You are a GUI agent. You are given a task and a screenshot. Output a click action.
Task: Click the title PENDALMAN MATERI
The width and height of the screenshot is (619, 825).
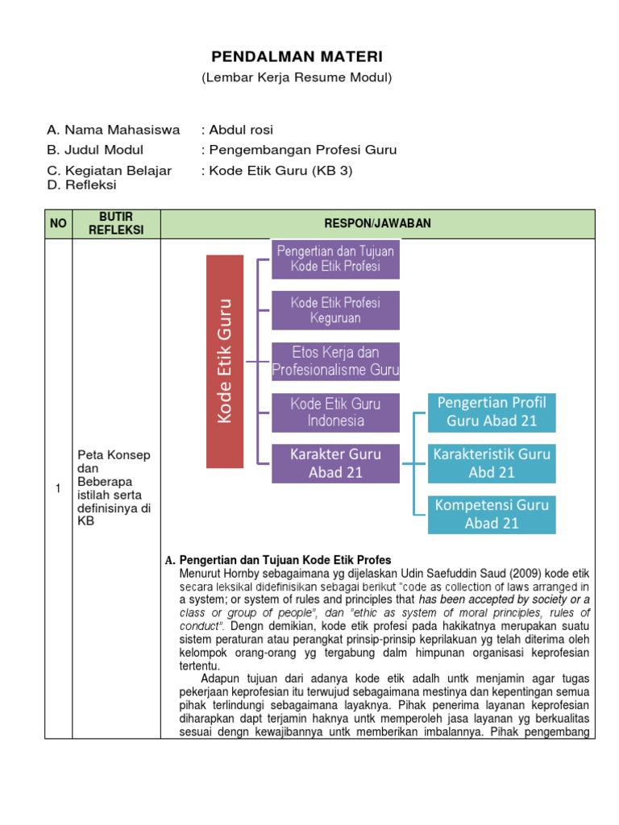[x=297, y=56]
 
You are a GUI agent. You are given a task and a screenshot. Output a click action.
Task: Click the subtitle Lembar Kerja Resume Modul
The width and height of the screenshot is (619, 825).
[x=297, y=77]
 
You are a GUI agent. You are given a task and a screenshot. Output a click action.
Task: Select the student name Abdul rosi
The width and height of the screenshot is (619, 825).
[x=242, y=130]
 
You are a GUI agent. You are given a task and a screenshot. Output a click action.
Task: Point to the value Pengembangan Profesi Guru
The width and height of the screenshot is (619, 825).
[x=302, y=150]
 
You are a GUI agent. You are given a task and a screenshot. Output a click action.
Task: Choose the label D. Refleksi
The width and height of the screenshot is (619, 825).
[x=82, y=184]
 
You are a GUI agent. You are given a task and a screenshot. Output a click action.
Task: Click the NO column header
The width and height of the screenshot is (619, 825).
[x=58, y=224]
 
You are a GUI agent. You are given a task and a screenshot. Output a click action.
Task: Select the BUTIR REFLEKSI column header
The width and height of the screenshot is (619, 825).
[x=116, y=224]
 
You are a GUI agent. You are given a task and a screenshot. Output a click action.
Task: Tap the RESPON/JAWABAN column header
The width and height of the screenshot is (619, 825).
[x=377, y=224]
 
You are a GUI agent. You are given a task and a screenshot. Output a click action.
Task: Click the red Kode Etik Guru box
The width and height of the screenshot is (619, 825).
[x=225, y=361]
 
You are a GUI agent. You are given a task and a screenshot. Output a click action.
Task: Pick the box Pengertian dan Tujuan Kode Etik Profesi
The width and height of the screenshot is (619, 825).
[x=335, y=259]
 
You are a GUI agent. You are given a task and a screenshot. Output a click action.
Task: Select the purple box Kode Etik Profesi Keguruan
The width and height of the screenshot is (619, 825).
[x=335, y=310]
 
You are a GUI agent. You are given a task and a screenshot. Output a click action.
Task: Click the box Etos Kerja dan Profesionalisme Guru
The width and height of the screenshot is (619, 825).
[x=335, y=362]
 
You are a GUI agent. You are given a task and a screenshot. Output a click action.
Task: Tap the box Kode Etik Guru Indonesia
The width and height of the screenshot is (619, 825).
[x=335, y=412]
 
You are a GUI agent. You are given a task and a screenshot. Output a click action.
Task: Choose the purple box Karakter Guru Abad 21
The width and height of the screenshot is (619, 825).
[x=335, y=463]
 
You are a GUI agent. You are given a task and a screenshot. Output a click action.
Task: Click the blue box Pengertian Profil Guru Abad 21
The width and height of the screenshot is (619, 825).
[x=492, y=411]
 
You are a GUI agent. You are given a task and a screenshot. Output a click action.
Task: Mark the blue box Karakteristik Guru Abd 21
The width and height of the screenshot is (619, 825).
[x=492, y=462]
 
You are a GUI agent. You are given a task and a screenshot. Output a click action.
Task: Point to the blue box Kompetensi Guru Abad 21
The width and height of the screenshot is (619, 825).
[x=492, y=514]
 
